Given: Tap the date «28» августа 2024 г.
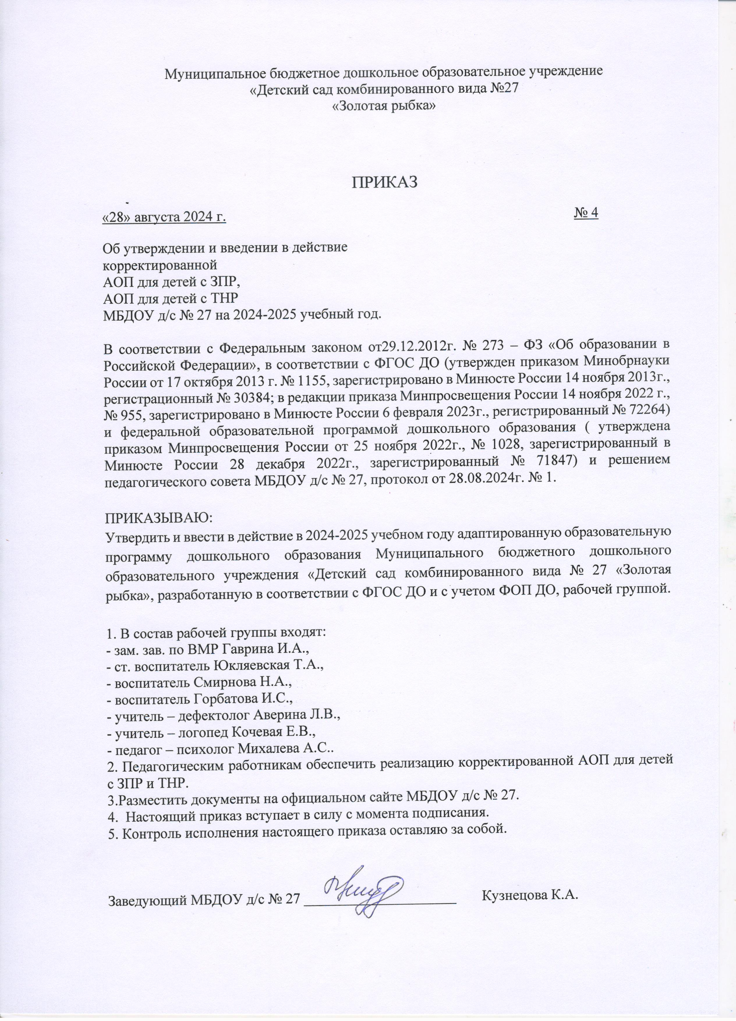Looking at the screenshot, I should (164, 217).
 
